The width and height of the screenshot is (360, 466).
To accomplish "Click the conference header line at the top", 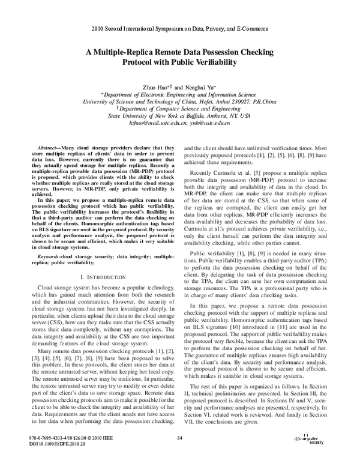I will [x=180, y=28].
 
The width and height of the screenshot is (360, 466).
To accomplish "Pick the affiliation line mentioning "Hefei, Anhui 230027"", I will [x=180, y=101].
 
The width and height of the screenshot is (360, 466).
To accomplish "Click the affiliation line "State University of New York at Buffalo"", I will [x=180, y=115].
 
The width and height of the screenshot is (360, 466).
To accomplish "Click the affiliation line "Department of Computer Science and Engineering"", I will [x=181, y=108].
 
